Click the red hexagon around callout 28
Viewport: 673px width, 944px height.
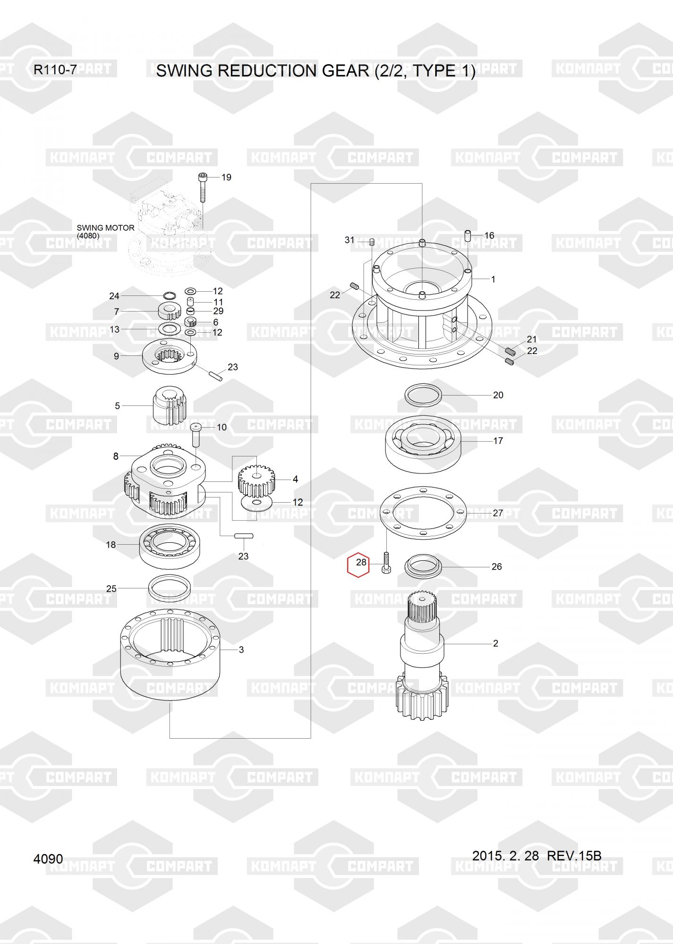(x=348, y=565)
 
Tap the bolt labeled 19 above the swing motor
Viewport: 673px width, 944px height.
(x=202, y=187)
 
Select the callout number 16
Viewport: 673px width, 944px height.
(x=489, y=235)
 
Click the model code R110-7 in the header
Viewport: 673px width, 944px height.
(x=55, y=70)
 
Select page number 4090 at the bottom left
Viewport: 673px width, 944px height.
(x=48, y=859)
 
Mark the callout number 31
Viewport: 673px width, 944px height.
(x=349, y=240)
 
